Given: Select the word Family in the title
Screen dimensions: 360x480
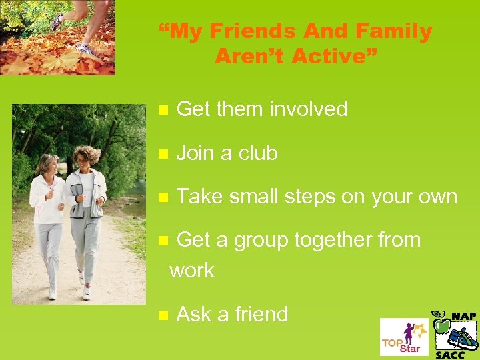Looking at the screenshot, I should (394, 31).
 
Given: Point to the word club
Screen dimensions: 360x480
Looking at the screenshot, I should (258, 153).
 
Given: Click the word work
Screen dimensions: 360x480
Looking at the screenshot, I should (192, 271).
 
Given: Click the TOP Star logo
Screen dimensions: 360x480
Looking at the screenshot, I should (404, 337).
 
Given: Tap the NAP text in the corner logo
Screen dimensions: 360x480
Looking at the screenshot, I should (463, 316).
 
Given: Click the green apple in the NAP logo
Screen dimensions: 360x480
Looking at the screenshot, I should (441, 324).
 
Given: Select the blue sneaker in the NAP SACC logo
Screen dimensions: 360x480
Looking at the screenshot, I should (462, 337).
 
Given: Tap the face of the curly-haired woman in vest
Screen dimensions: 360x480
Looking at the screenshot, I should (85, 159).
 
